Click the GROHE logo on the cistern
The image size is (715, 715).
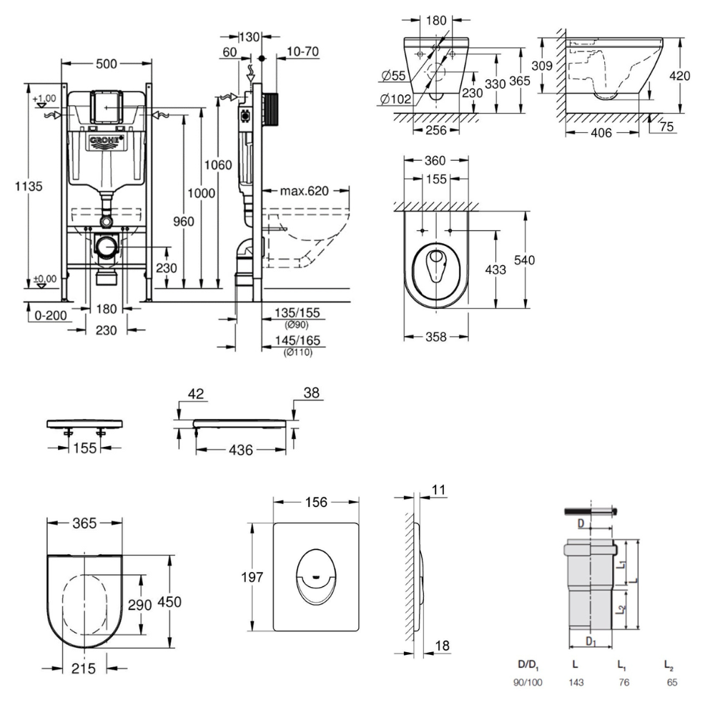pos(107,140)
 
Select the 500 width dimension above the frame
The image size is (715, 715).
pos(106,64)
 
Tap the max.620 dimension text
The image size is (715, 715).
pos(303,191)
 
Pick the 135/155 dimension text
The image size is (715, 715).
pos(297,312)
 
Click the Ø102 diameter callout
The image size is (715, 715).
pos(395,99)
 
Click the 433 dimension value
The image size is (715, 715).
pos(495,270)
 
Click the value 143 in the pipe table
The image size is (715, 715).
pos(576,683)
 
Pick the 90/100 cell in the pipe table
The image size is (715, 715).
pos(528,683)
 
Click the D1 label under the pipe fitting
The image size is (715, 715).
pos(591,641)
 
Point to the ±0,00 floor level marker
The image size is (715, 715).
pos(44,279)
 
